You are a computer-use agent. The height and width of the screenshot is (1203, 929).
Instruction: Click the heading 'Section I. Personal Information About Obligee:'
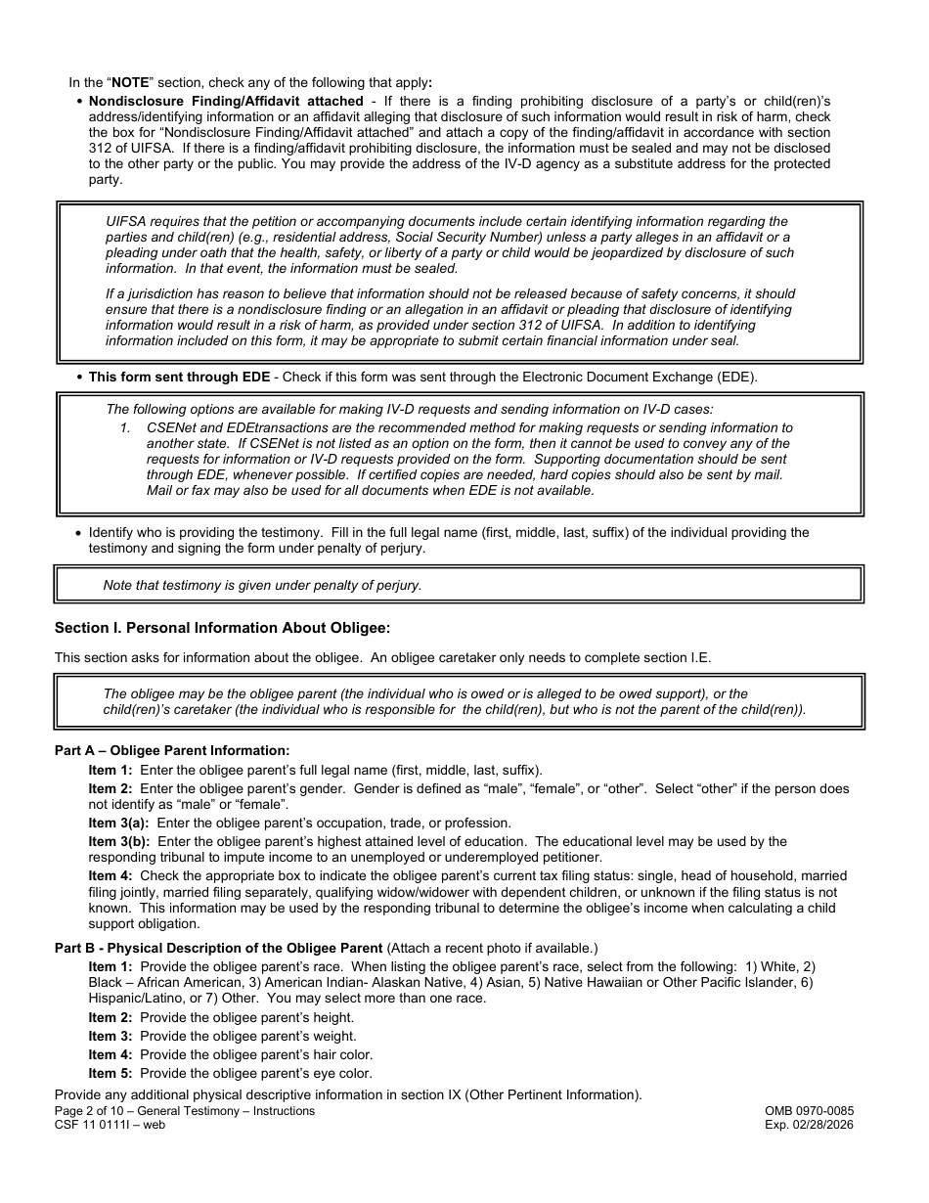coord(222,628)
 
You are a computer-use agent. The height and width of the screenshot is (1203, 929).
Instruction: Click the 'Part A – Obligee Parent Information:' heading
coord(172,751)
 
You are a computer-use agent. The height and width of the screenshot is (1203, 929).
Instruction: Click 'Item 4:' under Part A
coord(110,875)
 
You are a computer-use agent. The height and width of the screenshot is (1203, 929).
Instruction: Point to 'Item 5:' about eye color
coord(110,1074)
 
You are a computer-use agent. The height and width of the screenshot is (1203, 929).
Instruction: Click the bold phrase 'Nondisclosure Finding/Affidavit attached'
coord(226,102)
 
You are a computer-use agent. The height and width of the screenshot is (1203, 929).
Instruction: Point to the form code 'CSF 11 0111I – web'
coord(110,1125)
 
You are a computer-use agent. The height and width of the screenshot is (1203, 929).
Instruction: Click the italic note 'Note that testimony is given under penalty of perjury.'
coord(262,586)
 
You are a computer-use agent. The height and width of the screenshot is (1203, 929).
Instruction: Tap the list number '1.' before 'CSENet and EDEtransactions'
coord(125,428)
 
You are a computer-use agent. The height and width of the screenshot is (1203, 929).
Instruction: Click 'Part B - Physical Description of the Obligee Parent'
coord(218,948)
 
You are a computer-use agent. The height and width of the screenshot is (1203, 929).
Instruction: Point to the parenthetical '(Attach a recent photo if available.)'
coord(492,948)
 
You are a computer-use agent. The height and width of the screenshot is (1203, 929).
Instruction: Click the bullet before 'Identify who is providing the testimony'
coord(78,533)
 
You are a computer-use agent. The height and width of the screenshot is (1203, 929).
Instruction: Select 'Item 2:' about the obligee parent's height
coord(110,1017)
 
